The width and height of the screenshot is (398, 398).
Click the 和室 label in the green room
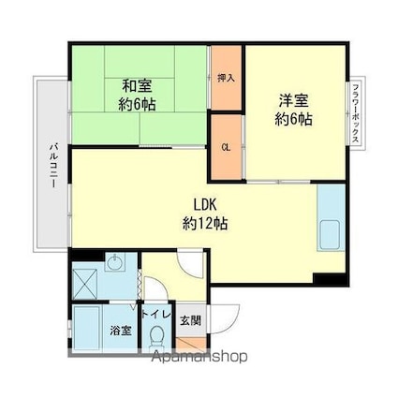coord(137,86)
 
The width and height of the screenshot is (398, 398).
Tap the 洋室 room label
coord(293,101)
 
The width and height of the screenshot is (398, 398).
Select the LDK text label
coord(205,205)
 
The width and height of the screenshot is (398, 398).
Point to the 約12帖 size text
coord(205,224)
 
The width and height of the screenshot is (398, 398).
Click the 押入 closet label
coord(227,78)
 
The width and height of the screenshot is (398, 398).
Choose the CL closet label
coord(226,148)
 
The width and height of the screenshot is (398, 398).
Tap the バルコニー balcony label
coord(54,166)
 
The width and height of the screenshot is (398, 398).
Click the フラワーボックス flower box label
coord(355,113)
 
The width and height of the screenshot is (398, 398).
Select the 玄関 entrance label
coord(191,320)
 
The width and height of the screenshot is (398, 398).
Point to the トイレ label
coord(156,315)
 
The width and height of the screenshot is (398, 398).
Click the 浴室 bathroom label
coord(121,331)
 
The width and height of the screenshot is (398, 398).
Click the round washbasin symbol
coord(115,262)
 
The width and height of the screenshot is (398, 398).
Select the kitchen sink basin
coord(330,234)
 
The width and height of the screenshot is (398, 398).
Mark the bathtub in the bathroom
coord(87,328)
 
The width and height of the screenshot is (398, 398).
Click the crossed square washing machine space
coord(85,284)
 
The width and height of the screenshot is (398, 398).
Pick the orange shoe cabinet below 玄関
coord(191,344)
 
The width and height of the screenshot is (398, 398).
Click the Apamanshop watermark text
coord(199,357)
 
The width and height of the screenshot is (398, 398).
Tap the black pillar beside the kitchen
coord(330,279)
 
